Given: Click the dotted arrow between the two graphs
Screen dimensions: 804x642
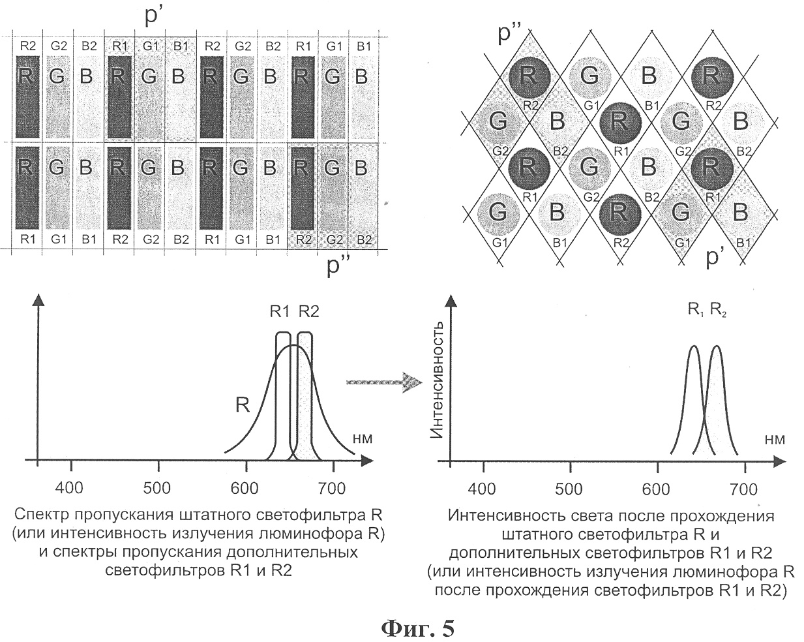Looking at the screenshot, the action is [385, 382].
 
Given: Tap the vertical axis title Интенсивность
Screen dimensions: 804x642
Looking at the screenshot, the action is [436, 380].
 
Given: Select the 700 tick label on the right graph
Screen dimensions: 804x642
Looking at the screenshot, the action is [744, 489].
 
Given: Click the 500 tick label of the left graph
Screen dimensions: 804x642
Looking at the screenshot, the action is [157, 488].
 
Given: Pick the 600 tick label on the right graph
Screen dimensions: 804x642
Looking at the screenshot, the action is [656, 489].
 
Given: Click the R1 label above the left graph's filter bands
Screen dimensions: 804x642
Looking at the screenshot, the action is [280, 311].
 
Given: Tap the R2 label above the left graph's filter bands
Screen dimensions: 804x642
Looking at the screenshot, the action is [309, 311].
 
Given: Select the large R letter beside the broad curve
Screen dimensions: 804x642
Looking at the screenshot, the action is [243, 405].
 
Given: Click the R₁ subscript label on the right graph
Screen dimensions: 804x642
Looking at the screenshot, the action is [696, 310].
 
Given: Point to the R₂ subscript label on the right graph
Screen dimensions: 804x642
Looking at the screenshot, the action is [718, 310].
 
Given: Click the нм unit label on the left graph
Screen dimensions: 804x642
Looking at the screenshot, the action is [363, 439].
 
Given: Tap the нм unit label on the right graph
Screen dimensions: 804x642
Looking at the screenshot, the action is [775, 440].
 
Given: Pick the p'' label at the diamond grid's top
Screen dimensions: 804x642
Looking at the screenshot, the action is [511, 34].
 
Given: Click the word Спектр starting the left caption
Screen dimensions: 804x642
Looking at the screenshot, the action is [42, 516].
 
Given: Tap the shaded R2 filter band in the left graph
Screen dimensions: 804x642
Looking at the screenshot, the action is [305, 396].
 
